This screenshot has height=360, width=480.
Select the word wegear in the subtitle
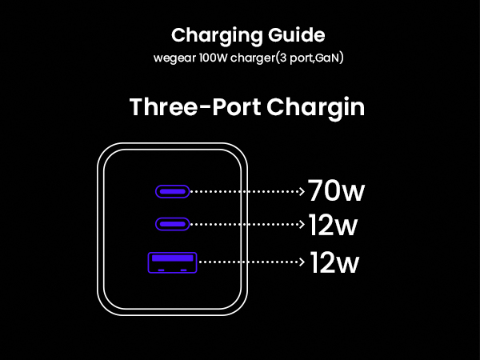tap(175, 58)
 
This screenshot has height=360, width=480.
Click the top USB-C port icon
tap(172, 191)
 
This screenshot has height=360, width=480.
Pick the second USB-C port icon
tap(172, 225)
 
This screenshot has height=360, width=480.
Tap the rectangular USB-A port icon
tap(171, 262)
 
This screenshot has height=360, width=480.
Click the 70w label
tap(336, 192)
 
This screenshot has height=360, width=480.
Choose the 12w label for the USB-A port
tap(334, 262)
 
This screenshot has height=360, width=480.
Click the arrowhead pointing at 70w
tap(302, 191)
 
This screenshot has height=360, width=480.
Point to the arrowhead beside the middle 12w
tap(302, 225)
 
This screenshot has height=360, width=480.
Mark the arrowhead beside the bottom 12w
tap(302, 261)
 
